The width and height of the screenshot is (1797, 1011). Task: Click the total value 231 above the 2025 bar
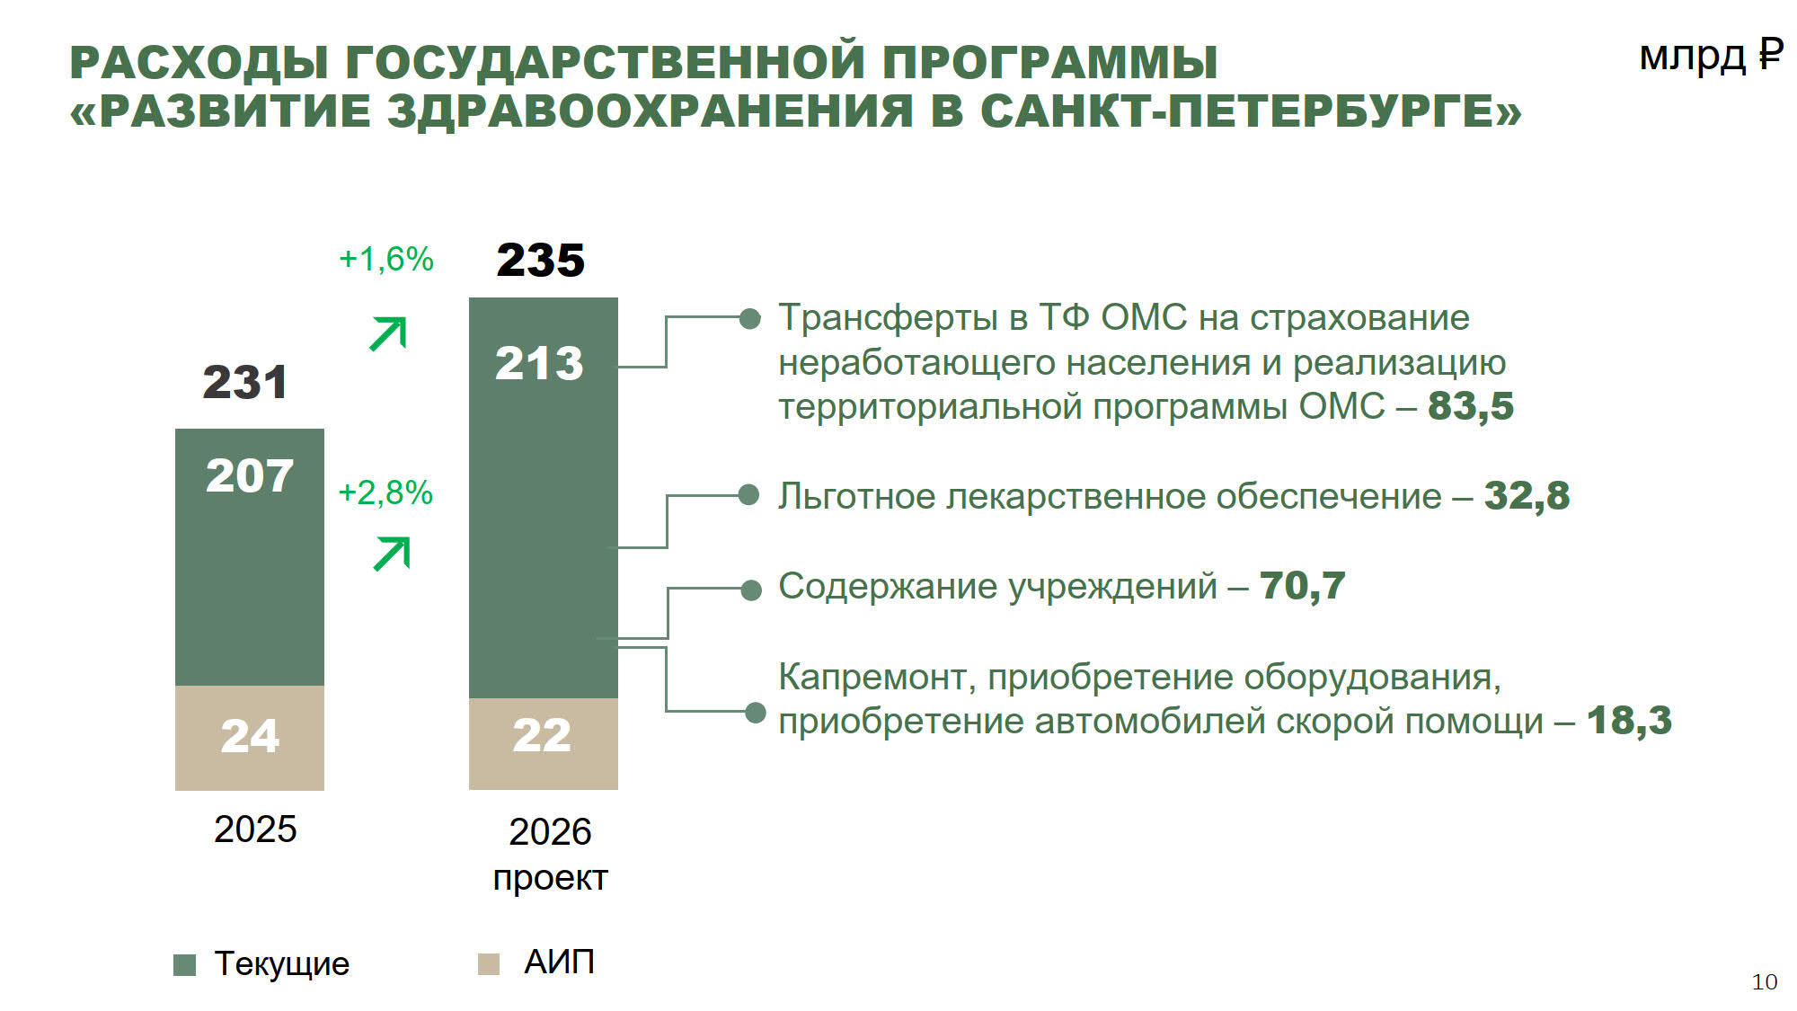click(x=245, y=382)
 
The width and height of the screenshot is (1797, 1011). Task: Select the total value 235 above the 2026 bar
click(x=540, y=261)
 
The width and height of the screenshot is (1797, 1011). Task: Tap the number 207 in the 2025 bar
click(x=250, y=475)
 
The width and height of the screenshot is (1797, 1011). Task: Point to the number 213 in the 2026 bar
click(x=539, y=363)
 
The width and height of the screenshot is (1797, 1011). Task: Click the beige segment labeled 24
click(x=250, y=738)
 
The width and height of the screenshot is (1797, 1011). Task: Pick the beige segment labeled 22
click(x=544, y=743)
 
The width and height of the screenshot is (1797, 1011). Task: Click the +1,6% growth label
click(x=386, y=260)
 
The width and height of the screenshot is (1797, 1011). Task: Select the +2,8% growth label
click(x=385, y=492)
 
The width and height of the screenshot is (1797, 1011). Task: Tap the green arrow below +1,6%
click(x=388, y=333)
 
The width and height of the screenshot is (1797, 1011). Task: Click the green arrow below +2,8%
click(x=392, y=554)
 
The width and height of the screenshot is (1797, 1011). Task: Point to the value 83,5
click(x=1471, y=406)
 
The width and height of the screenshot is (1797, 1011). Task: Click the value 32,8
click(x=1527, y=496)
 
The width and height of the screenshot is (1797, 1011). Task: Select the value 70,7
click(x=1303, y=586)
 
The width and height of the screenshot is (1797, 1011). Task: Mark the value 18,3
click(x=1629, y=721)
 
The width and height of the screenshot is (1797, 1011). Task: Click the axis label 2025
click(x=255, y=829)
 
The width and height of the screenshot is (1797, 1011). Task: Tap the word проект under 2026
click(x=551, y=878)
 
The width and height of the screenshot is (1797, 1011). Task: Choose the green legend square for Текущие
click(x=184, y=964)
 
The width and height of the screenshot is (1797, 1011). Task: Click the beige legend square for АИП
click(x=488, y=964)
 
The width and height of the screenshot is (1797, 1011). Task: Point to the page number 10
click(x=1765, y=982)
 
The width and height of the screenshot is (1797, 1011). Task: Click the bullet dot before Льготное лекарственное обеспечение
click(x=748, y=495)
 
